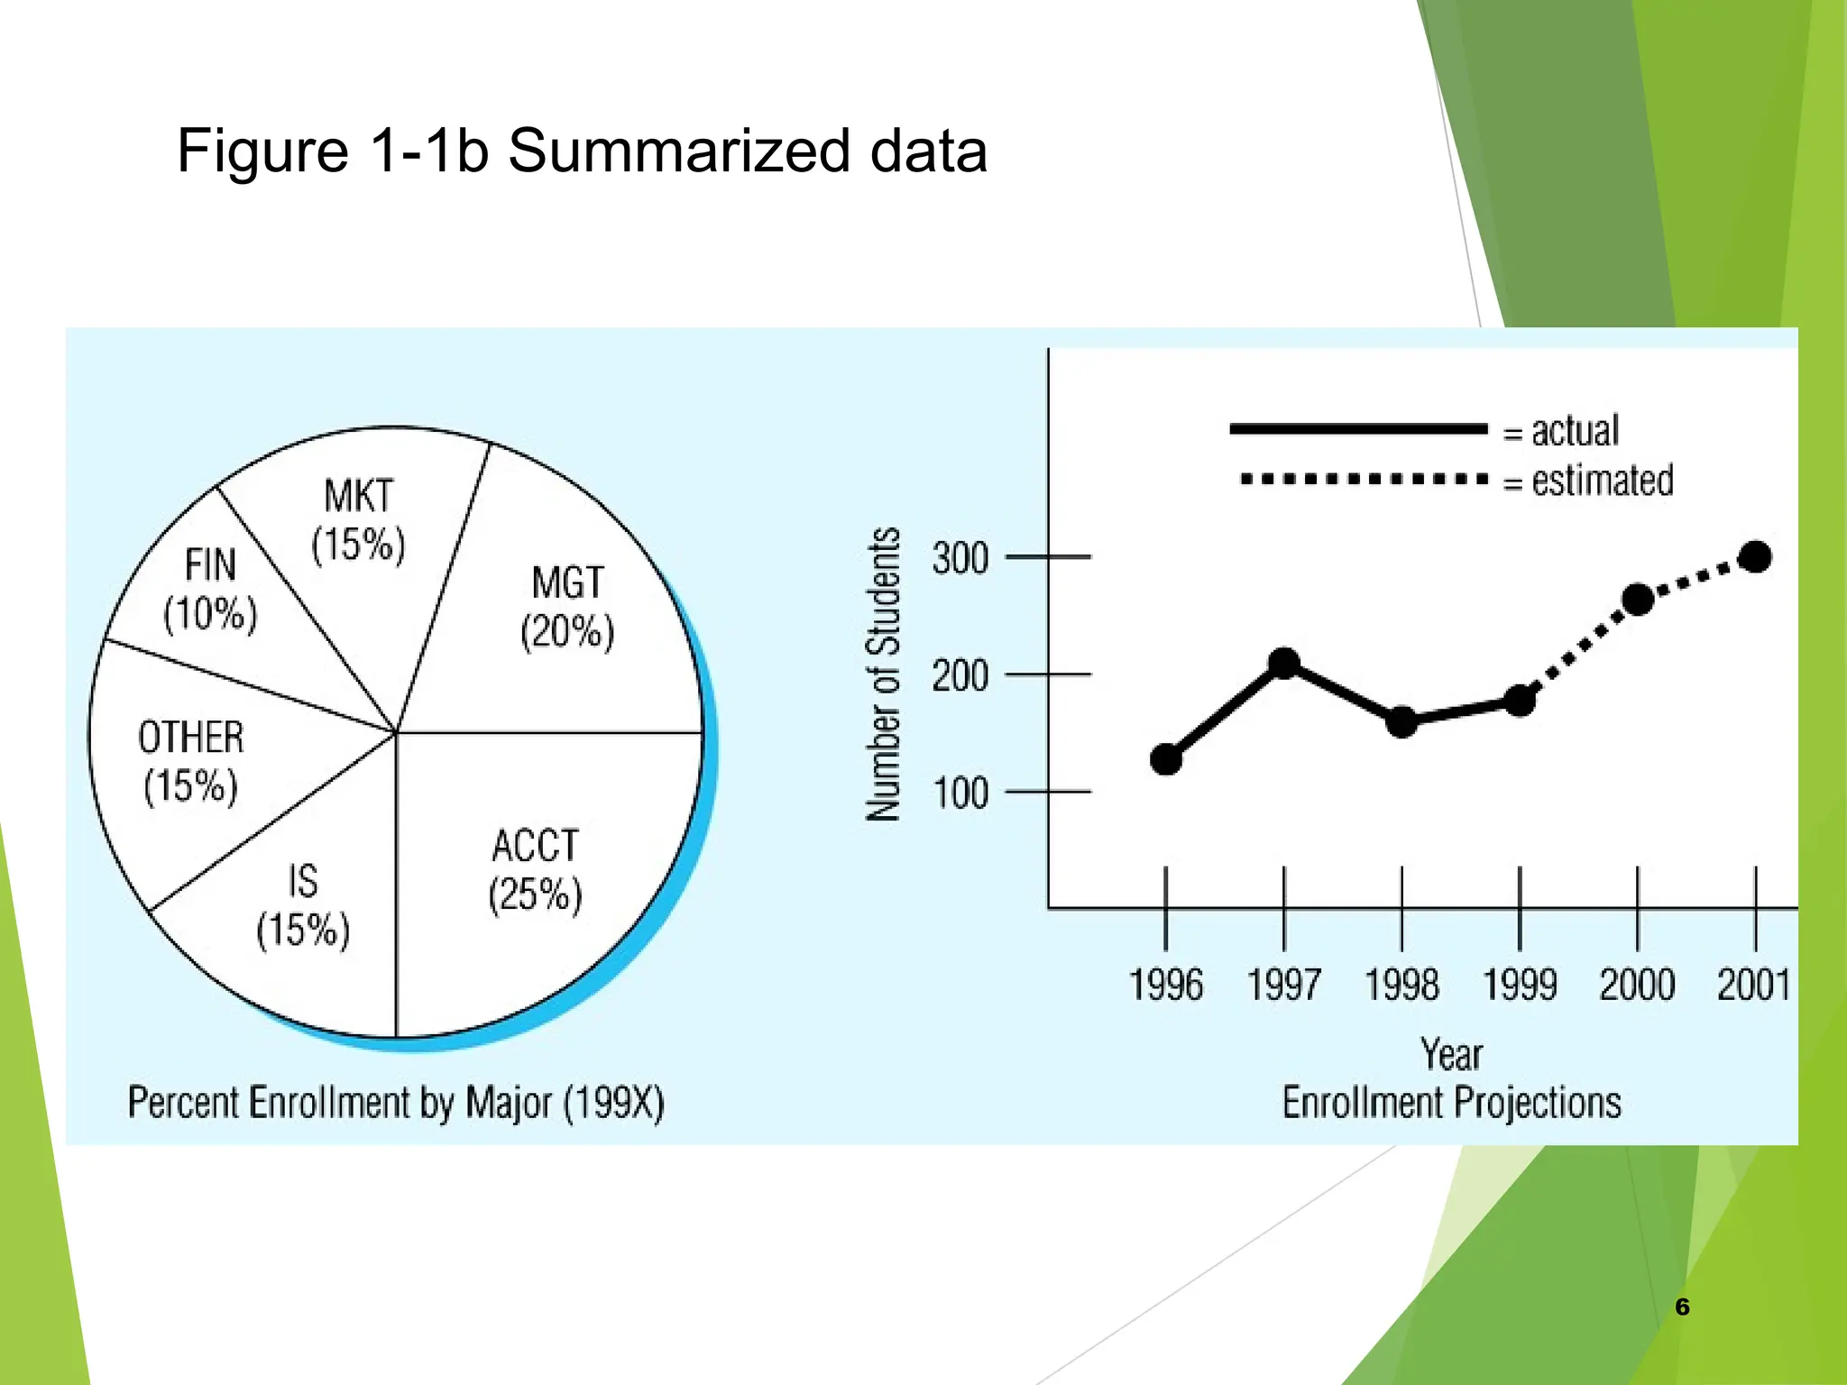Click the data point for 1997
coord(1284,664)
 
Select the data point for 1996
coord(1166,759)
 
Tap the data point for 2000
coord(1638,600)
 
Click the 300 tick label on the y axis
coord(960,559)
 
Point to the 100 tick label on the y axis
coord(960,793)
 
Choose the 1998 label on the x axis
coord(1401,985)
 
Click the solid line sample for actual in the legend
coord(1357,429)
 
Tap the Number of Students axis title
coord(884,674)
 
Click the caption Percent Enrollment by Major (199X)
coord(396,1103)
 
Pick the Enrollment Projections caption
coord(1451,1103)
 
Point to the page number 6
coord(1682,1307)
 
